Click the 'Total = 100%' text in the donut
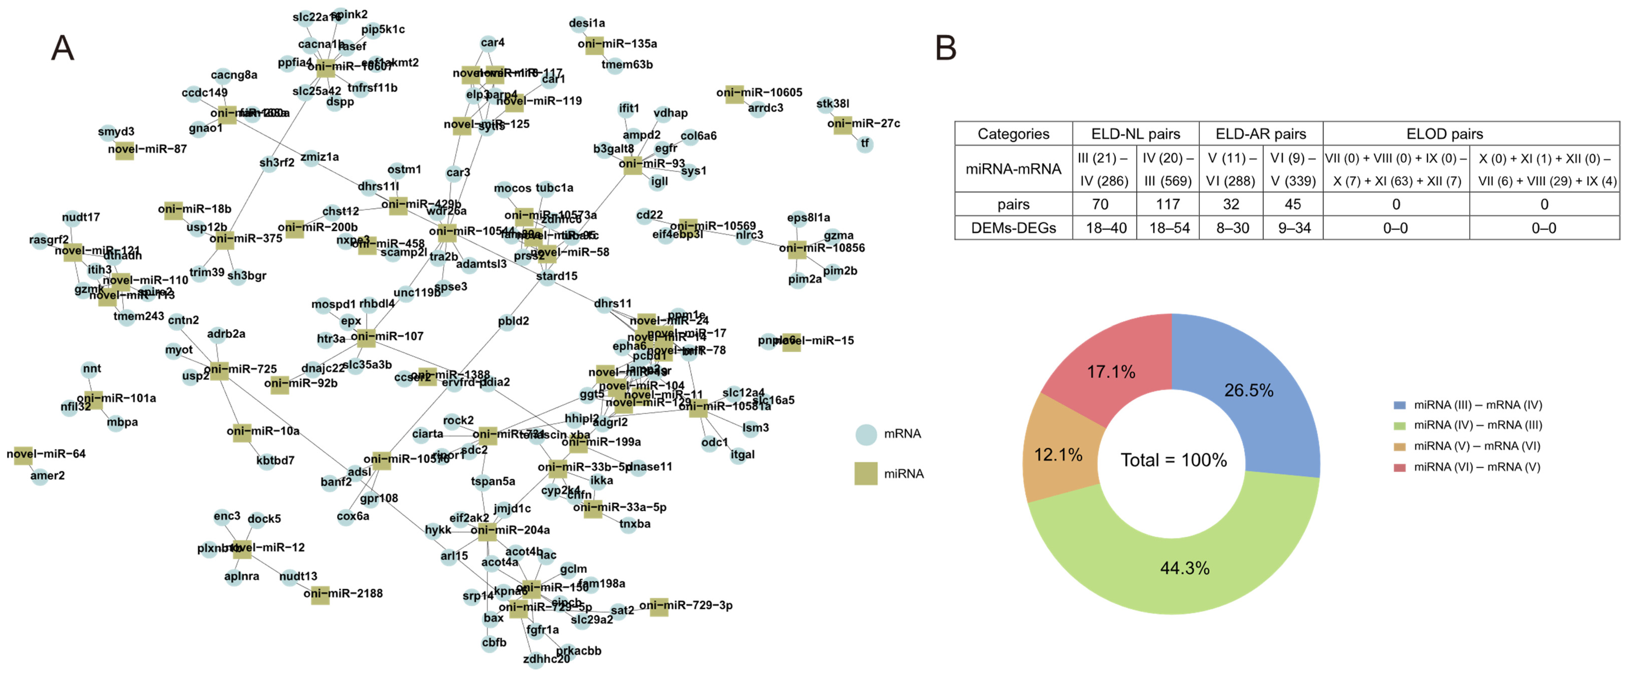(x=1174, y=460)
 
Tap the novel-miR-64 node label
(x=46, y=454)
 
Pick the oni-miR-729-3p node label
(x=686, y=605)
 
